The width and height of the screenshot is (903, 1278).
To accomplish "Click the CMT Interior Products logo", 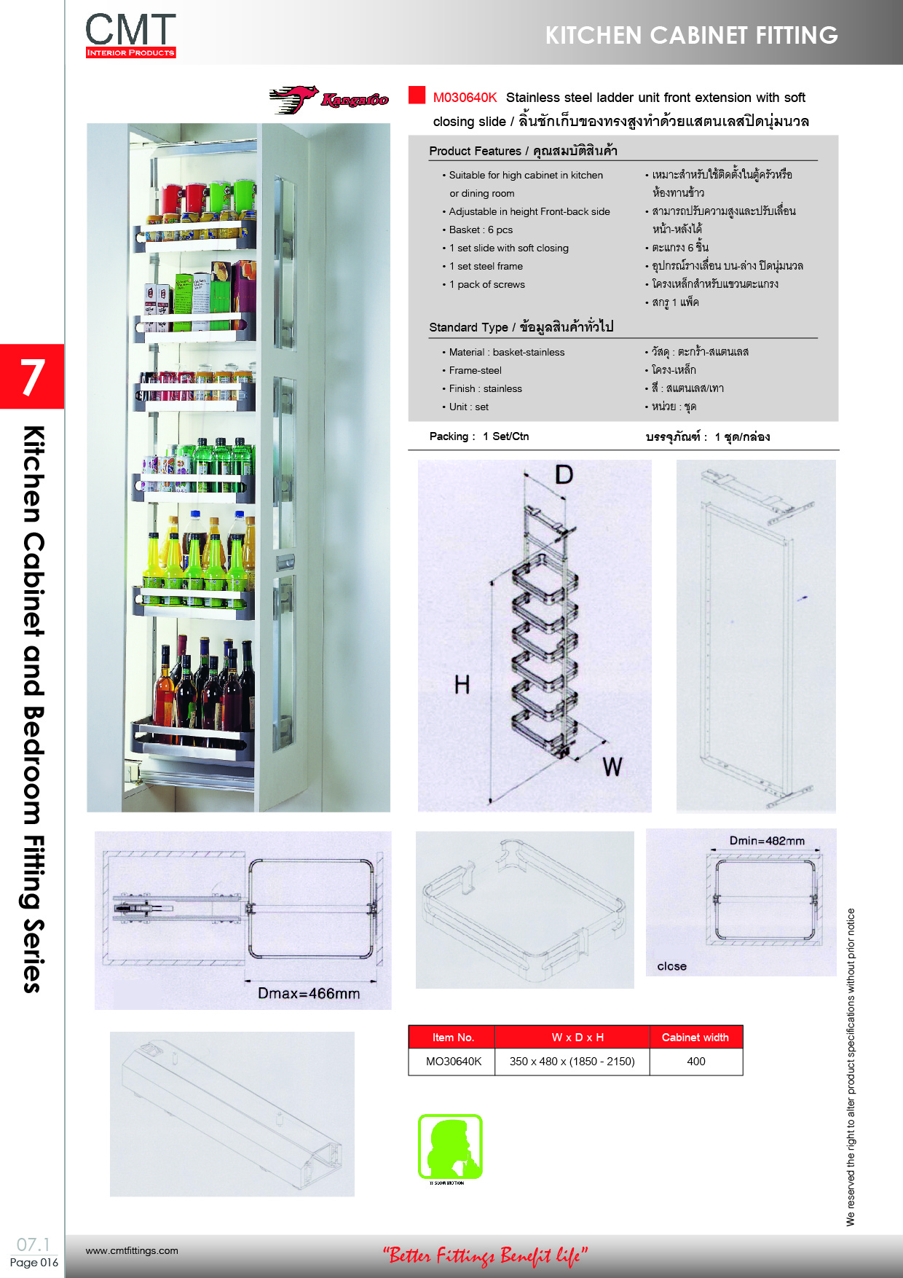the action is [x=130, y=35].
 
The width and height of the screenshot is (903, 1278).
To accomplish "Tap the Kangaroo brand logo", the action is [x=329, y=100].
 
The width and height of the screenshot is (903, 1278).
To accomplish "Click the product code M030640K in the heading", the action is [x=465, y=98].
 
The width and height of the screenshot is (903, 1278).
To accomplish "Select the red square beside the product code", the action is [x=417, y=95].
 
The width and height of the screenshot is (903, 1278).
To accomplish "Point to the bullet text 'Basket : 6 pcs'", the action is [x=481, y=230].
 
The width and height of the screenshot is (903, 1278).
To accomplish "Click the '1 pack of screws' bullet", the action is [x=486, y=284].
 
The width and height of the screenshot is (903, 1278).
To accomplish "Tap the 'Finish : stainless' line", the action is [x=485, y=388].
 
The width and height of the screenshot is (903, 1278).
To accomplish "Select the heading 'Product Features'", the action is [x=475, y=151].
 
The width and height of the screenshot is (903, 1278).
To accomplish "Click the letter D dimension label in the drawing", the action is [x=564, y=475].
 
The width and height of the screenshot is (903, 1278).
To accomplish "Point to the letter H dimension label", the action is [x=462, y=685].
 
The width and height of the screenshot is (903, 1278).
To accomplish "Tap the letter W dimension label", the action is [x=612, y=767].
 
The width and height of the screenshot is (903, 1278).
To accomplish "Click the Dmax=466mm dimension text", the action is [x=309, y=993].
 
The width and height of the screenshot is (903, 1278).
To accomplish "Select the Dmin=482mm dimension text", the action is [x=767, y=841].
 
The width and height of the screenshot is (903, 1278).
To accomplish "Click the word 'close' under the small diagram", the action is [x=671, y=966].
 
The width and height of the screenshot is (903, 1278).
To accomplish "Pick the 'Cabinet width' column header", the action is [x=695, y=1038].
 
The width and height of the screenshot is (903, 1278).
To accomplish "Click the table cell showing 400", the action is [x=696, y=1062].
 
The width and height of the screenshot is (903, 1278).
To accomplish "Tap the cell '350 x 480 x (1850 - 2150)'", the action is [x=572, y=1062].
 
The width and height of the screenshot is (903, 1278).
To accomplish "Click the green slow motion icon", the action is [x=450, y=1148].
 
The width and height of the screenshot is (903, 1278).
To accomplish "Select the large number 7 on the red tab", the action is [x=32, y=377].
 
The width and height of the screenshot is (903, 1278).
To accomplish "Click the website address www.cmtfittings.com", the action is [x=132, y=1250].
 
